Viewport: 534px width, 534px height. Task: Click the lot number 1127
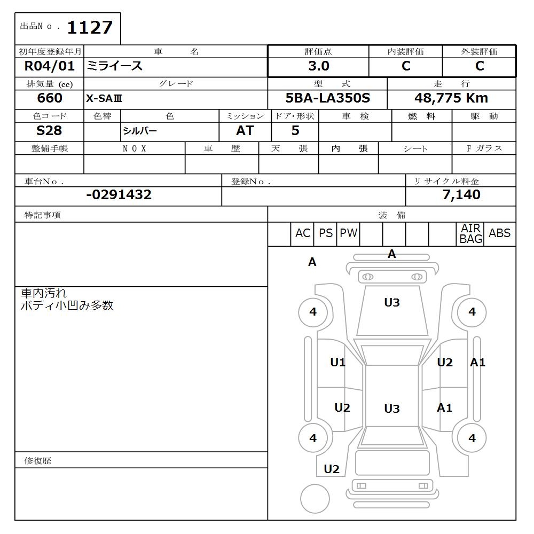(90, 27)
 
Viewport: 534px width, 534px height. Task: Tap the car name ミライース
(115, 66)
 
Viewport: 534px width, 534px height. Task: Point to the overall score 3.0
(319, 66)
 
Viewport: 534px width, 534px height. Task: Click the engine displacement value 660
(50, 98)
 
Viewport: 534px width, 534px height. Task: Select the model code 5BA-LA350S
(327, 98)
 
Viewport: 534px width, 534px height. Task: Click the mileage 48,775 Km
(451, 98)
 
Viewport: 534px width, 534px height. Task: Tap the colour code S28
(49, 131)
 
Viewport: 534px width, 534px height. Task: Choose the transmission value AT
(245, 131)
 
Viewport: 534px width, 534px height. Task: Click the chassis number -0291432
(119, 195)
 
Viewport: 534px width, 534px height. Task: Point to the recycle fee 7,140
(461, 195)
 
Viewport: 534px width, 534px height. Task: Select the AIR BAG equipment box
(470, 234)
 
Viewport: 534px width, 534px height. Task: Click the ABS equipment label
(499, 233)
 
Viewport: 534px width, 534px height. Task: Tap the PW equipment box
(349, 233)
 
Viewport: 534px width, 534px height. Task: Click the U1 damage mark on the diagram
(337, 363)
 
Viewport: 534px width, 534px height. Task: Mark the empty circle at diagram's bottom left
(315, 499)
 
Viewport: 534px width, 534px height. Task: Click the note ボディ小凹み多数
(67, 306)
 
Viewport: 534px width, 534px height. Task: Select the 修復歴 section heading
(38, 460)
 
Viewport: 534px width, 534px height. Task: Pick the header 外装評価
(479, 52)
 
